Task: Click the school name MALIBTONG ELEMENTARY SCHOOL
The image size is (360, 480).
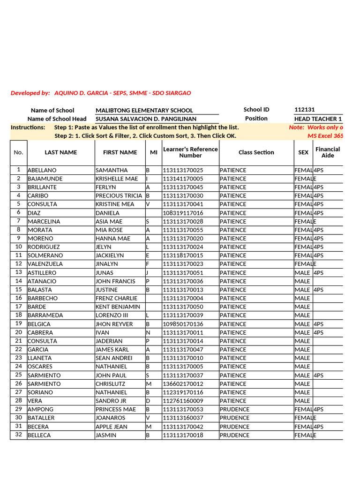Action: (144, 111)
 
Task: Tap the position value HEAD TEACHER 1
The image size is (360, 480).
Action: (318, 119)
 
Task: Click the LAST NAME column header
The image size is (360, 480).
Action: (61, 152)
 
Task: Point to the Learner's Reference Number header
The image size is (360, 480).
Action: (190, 152)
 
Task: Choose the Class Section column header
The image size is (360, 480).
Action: (256, 152)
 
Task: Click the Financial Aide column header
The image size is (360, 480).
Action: (328, 152)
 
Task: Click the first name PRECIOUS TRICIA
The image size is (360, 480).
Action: (119, 196)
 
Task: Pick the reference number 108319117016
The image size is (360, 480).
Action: (183, 213)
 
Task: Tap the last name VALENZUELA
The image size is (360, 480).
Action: (45, 264)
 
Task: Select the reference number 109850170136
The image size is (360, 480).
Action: (183, 324)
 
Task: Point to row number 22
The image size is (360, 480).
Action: (19, 350)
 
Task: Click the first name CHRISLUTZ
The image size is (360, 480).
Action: (111, 384)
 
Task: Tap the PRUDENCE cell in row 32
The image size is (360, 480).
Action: (234, 435)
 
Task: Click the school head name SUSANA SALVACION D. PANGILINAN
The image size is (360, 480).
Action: (146, 119)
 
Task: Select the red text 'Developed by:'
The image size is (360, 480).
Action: (30, 93)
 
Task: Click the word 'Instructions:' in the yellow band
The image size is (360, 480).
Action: (28, 127)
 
